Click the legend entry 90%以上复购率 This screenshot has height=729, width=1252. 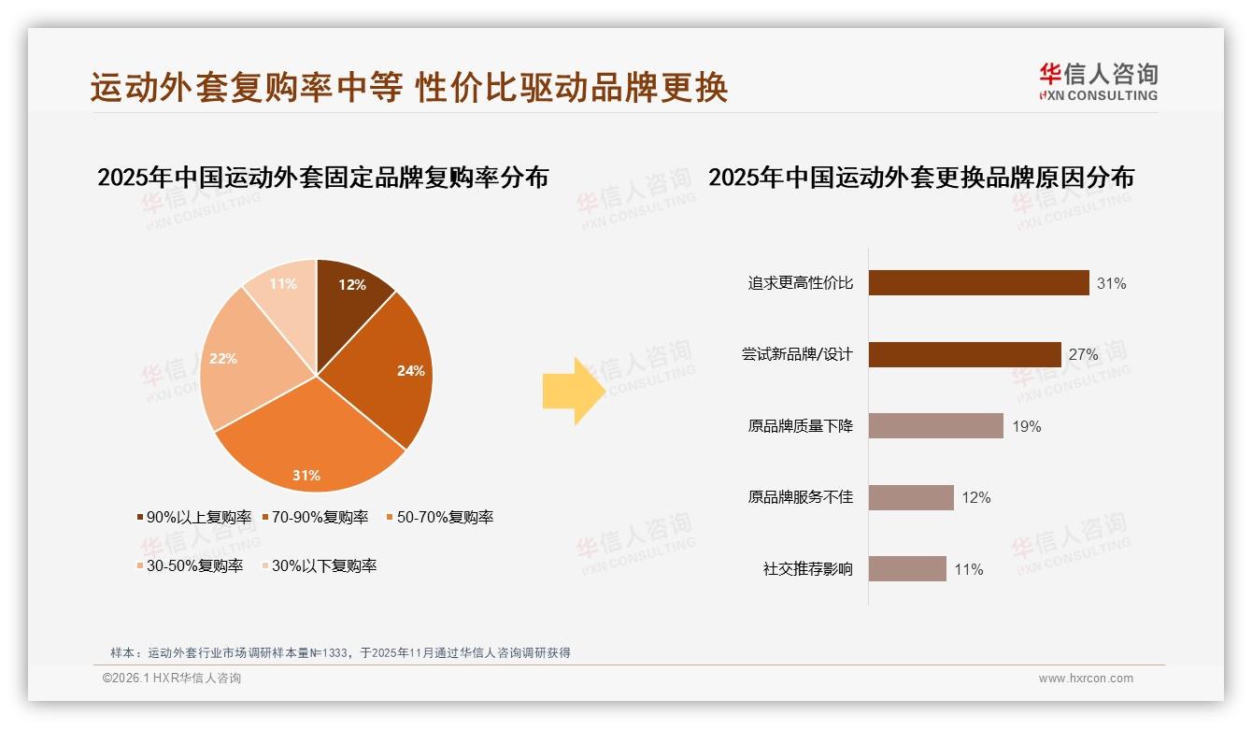194,517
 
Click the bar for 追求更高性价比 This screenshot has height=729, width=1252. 978,282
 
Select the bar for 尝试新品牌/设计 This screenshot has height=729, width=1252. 964,354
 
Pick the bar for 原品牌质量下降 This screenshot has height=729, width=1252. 935,426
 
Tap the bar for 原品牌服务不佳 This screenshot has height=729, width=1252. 911,497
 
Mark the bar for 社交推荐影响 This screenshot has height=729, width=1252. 907,569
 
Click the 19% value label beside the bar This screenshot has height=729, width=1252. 1026,426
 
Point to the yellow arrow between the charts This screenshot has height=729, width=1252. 573,391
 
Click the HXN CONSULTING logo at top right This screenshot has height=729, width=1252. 1098,82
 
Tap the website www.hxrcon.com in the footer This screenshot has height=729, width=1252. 1086,679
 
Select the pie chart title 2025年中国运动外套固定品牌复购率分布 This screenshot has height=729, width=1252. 322,177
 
